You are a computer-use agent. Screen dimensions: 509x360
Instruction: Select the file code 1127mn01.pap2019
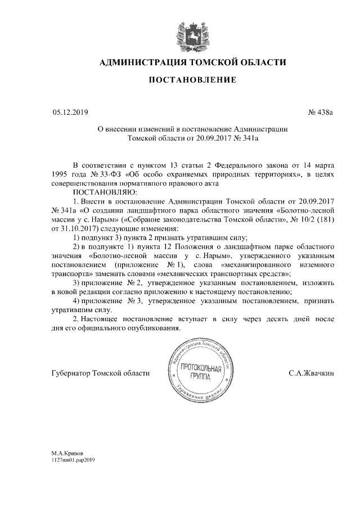pyautogui.click(x=74, y=460)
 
